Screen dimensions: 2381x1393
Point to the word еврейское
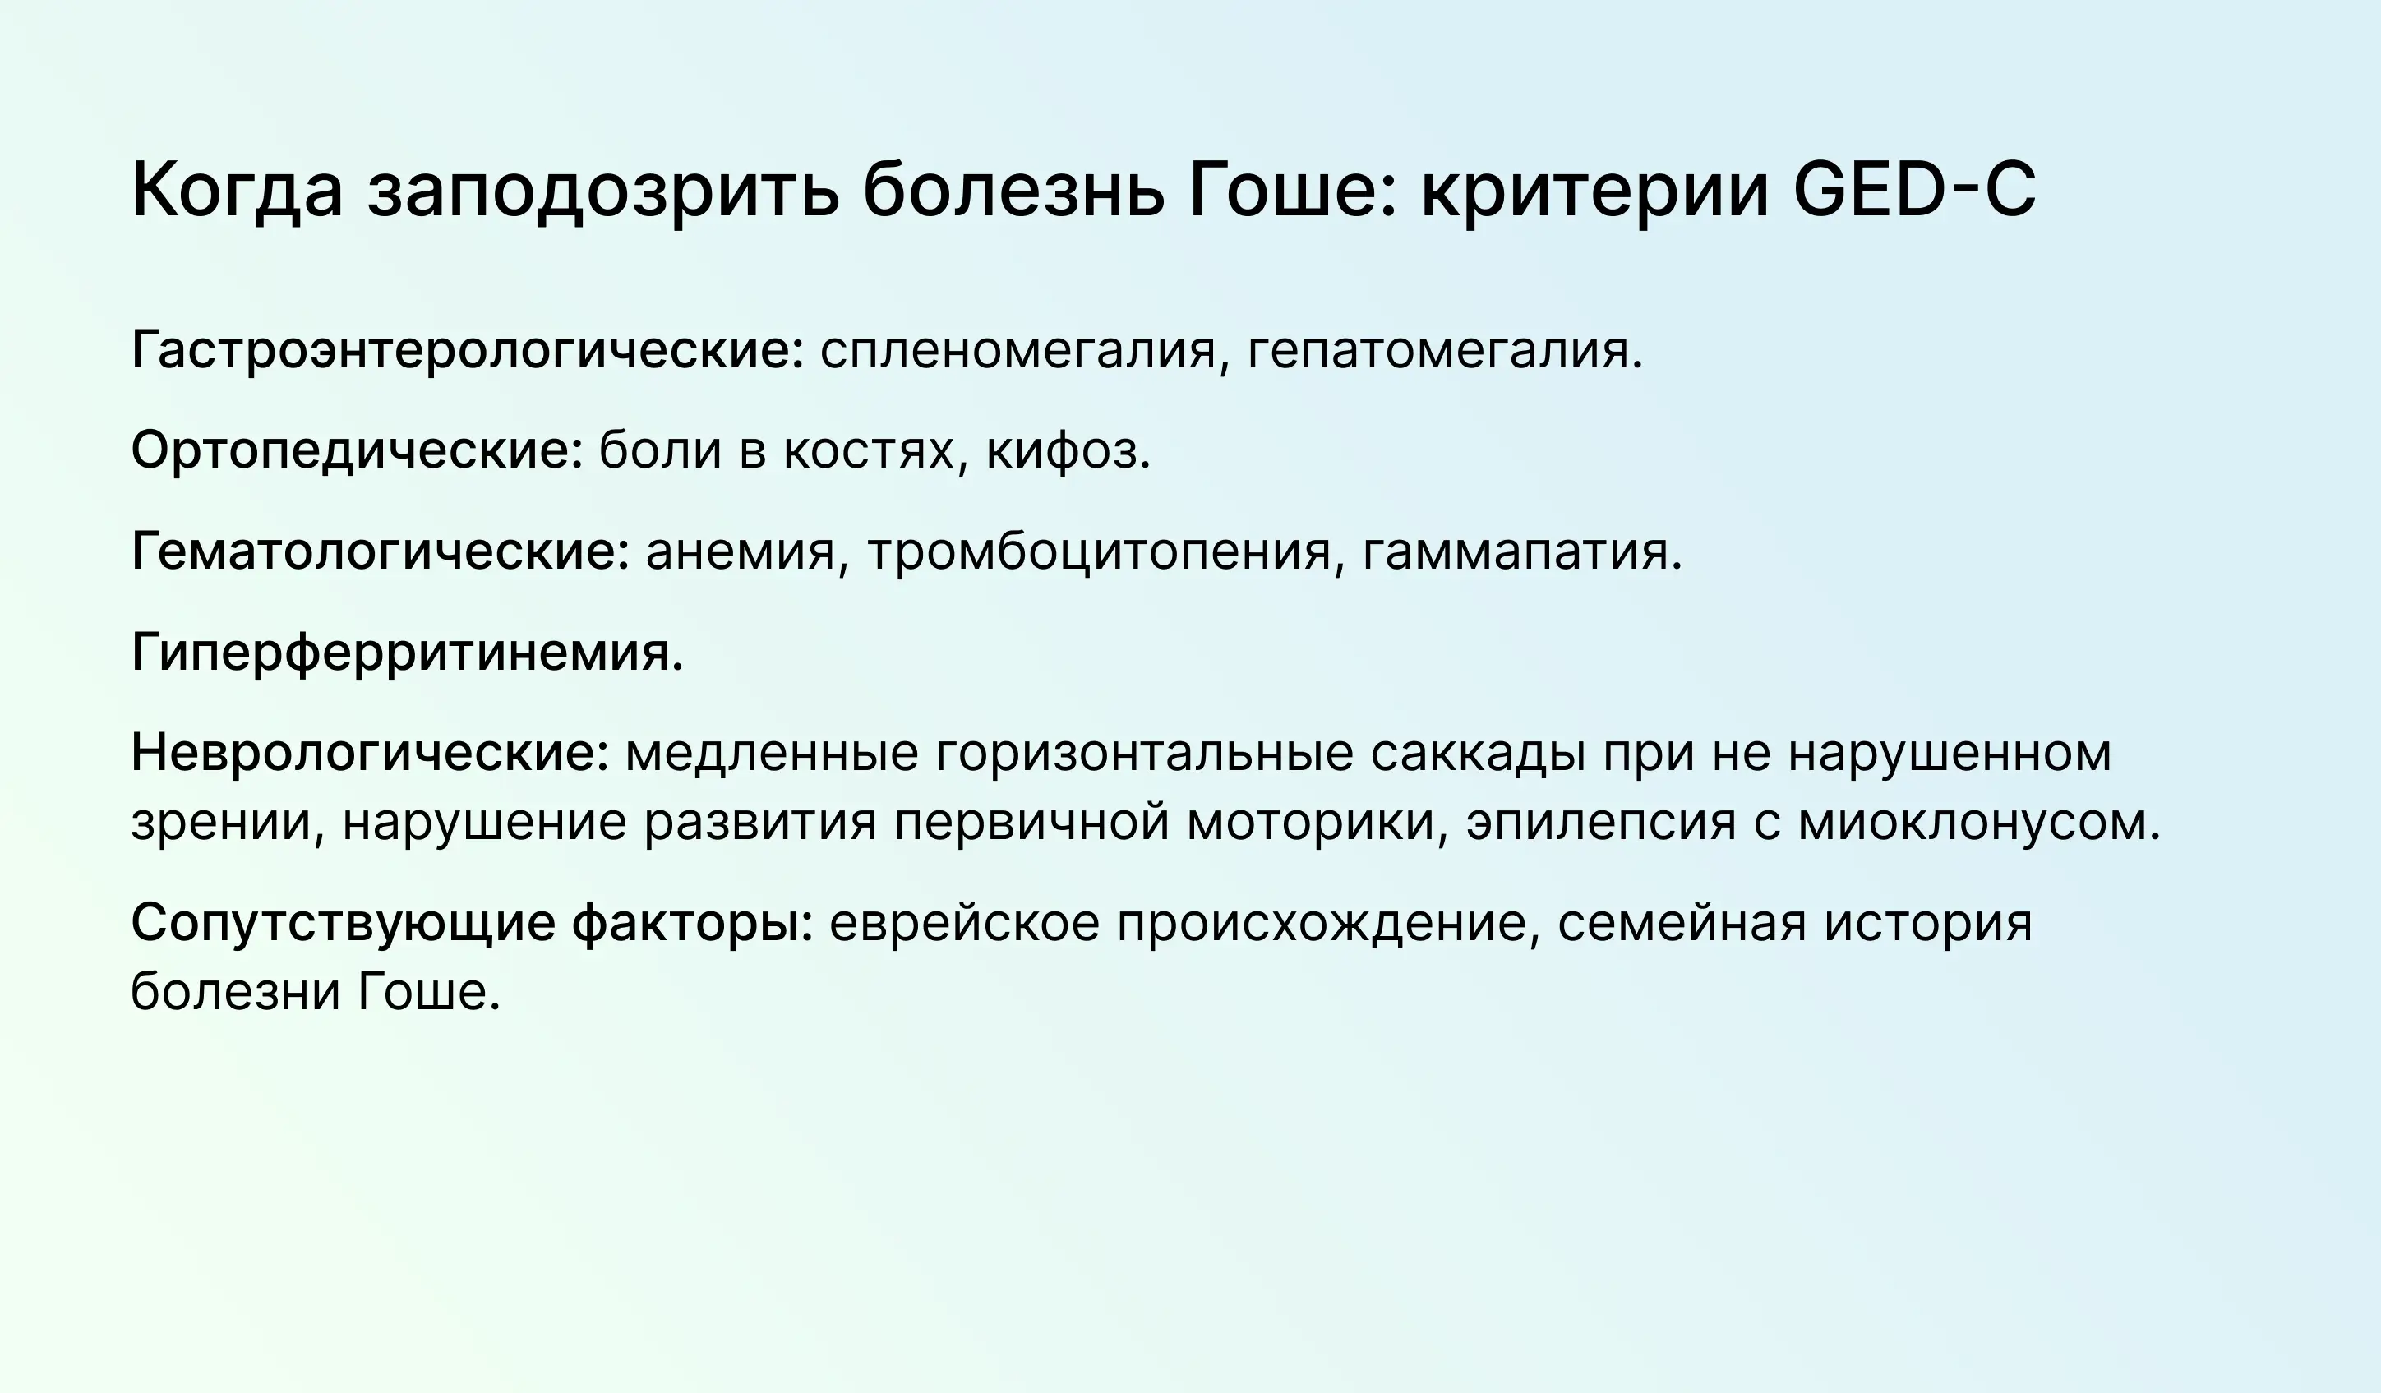(965, 923)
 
